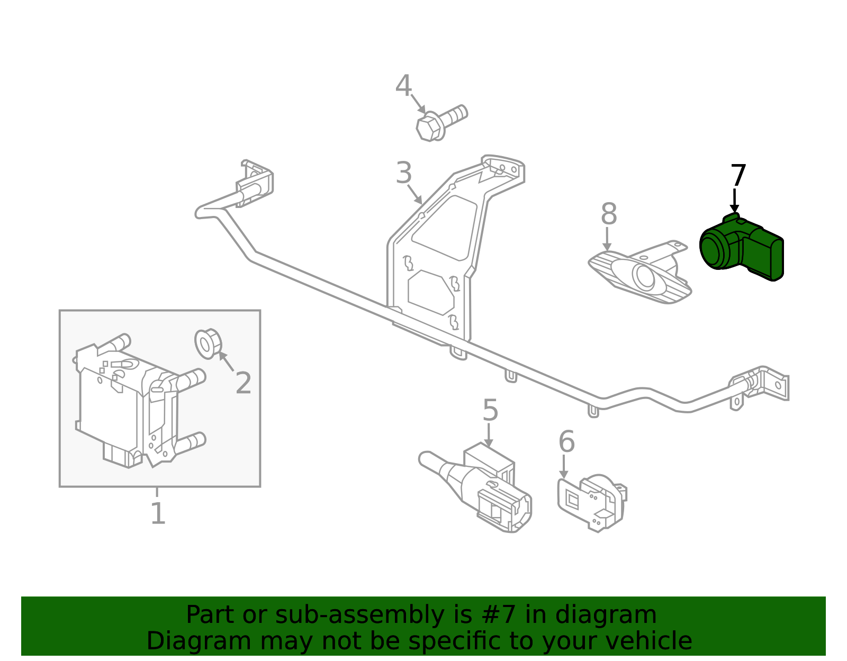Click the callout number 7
point(738,176)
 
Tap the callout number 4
point(403,86)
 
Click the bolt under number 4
point(439,123)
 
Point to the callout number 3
point(404,173)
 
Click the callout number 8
point(609,215)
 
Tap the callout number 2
point(243,383)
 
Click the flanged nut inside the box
point(208,343)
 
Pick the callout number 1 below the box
point(158,513)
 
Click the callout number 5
point(490,411)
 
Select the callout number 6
point(566,441)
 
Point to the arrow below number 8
point(607,239)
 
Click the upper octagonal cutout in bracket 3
point(445,228)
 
